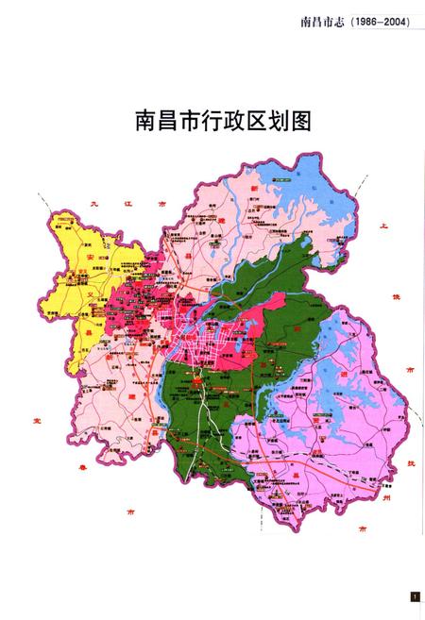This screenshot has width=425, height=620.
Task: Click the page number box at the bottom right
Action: point(414,596)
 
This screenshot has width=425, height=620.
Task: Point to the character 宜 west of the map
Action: point(36,420)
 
